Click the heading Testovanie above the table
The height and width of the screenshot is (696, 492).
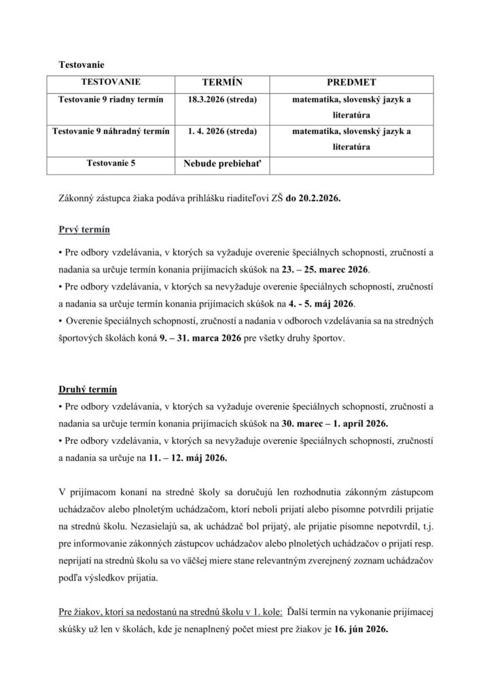[x=82, y=65]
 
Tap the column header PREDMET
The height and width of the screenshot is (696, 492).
[x=351, y=82]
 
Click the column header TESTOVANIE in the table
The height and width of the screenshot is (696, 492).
[x=111, y=82]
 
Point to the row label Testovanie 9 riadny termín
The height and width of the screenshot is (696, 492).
[x=111, y=100]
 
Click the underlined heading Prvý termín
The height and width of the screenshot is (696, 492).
[x=84, y=228]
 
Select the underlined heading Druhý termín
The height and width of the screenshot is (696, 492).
[x=88, y=389]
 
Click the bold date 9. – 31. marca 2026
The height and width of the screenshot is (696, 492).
[x=197, y=336]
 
